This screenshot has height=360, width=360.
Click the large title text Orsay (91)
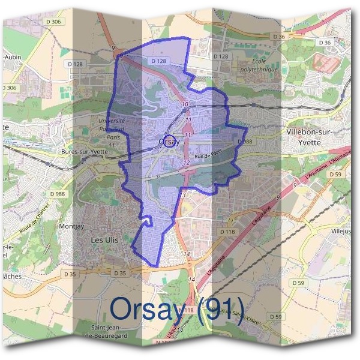click(x=177, y=310)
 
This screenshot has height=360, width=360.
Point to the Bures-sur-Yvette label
click(x=84, y=152)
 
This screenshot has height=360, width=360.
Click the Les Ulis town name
click(x=106, y=239)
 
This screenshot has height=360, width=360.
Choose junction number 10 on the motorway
click(x=185, y=104)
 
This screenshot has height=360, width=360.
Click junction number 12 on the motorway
click(x=187, y=163)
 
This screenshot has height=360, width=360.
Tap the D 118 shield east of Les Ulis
click(x=227, y=231)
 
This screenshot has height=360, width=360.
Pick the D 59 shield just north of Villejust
click(x=336, y=175)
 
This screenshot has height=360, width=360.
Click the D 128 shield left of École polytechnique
click(x=221, y=56)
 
